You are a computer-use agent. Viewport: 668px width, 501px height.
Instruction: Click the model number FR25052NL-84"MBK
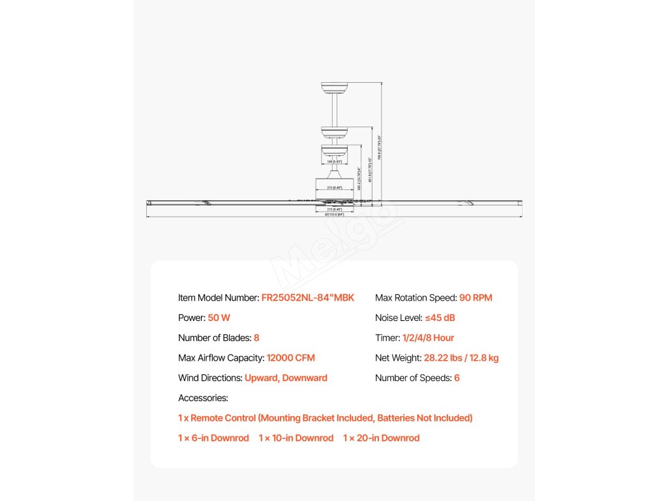point(307,298)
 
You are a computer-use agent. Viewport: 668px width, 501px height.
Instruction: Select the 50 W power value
point(219,318)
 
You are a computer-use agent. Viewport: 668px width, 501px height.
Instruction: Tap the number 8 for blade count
point(256,338)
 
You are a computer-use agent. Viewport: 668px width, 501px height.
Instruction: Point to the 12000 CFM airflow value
point(290,358)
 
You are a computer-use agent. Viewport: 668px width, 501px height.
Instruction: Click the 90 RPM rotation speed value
point(476,298)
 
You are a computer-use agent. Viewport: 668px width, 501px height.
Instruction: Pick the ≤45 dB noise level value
point(440,318)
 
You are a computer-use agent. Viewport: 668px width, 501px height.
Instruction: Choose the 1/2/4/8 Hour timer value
point(428,338)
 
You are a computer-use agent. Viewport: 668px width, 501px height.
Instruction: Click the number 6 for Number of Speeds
point(457,378)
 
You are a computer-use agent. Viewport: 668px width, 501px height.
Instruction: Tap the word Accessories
point(203,398)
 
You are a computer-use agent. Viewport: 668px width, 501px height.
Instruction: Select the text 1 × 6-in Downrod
point(213,438)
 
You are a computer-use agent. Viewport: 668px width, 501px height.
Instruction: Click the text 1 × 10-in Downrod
point(296,438)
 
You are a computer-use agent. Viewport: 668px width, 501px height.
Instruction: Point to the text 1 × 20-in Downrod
point(381,438)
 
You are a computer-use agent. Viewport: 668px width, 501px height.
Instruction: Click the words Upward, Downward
point(286,378)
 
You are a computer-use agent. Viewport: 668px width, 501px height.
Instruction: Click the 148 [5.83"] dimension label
point(334,160)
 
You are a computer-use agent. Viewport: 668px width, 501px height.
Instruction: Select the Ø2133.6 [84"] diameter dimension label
point(334,214)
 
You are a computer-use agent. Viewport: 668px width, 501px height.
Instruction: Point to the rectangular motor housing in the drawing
point(334,187)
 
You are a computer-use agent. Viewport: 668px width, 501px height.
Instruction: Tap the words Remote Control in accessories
point(222,418)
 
